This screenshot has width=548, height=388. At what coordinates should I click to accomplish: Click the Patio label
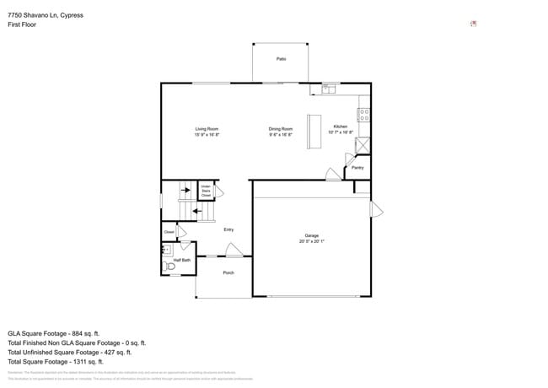pos(281,59)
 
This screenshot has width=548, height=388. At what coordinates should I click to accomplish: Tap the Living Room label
pos(207,132)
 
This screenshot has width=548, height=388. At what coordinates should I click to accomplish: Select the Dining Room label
pos(280,132)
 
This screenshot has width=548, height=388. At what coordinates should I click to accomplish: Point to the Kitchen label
pos(341,129)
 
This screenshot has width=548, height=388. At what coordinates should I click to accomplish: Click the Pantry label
pos(357,168)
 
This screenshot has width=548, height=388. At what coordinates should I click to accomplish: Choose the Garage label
pos(312,238)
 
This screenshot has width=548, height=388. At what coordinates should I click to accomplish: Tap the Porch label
pos(228,273)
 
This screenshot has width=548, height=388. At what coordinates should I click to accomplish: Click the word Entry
pos(228,229)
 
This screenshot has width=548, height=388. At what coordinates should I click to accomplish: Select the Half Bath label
pos(182,261)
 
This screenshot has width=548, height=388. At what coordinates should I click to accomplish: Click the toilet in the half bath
pos(169,267)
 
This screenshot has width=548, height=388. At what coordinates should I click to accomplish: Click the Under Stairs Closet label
pos(206,191)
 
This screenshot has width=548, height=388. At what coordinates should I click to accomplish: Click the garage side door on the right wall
pos(376,207)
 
